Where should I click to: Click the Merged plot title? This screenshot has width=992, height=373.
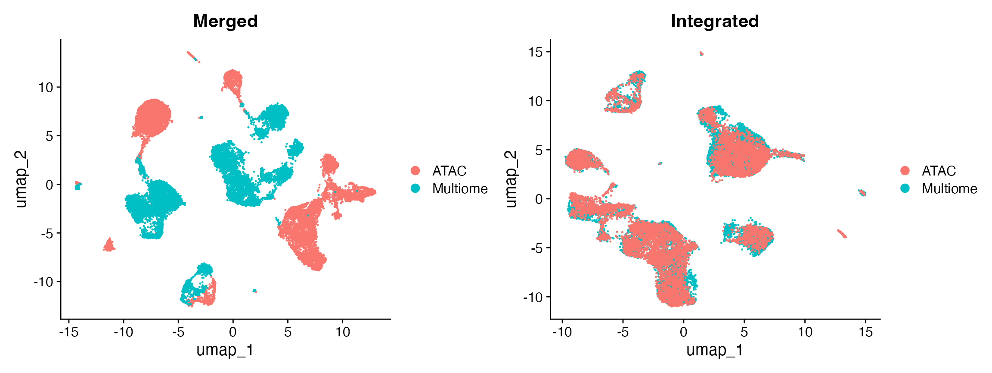click(x=225, y=21)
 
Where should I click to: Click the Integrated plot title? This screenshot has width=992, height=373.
click(x=715, y=21)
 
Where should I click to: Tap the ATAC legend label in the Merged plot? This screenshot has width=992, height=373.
click(x=449, y=171)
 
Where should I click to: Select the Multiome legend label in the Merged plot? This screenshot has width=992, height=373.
click(x=460, y=189)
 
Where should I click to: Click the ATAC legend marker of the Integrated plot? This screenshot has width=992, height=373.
click(x=905, y=170)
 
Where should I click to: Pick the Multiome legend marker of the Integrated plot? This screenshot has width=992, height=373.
click(x=905, y=188)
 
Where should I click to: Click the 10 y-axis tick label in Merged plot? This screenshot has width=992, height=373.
click(x=46, y=88)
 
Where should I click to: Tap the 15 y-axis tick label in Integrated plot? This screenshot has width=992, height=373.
click(x=536, y=52)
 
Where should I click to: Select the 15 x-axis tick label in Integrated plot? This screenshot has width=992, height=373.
click(x=865, y=332)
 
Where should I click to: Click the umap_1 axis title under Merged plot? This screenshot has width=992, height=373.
click(x=225, y=350)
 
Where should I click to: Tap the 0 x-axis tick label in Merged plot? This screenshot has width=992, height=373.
click(x=233, y=332)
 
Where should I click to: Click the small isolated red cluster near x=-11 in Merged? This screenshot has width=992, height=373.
click(x=109, y=246)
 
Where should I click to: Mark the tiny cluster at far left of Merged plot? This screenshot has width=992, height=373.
click(x=77, y=185)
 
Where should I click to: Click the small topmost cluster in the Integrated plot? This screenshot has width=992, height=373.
click(x=701, y=53)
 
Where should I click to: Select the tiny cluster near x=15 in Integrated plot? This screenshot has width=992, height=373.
click(x=862, y=193)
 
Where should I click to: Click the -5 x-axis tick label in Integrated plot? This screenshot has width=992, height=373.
click(x=623, y=332)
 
